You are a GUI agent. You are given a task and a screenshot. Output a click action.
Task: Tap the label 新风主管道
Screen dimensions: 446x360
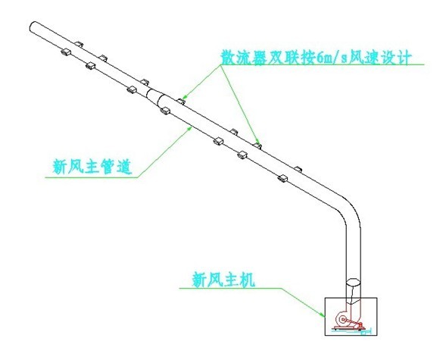(92, 167)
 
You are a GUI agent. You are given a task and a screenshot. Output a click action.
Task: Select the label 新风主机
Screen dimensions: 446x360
(223, 280)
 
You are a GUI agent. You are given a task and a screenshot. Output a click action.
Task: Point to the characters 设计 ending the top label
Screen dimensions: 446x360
(397, 58)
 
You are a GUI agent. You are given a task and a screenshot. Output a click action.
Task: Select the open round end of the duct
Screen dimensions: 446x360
(33, 27)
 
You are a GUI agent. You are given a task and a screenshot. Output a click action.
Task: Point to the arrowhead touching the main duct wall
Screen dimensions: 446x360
(190, 129)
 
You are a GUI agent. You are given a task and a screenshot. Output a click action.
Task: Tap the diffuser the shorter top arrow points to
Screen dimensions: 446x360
(181, 101)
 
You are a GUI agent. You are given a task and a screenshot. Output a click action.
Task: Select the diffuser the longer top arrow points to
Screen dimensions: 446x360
(257, 146)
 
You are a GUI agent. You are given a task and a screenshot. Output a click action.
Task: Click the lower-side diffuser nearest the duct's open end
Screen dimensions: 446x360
(66, 52)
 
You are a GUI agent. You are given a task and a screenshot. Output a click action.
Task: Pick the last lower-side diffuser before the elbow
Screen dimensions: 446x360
(282, 178)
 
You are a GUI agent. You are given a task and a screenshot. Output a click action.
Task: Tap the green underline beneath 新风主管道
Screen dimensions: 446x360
(92, 177)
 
